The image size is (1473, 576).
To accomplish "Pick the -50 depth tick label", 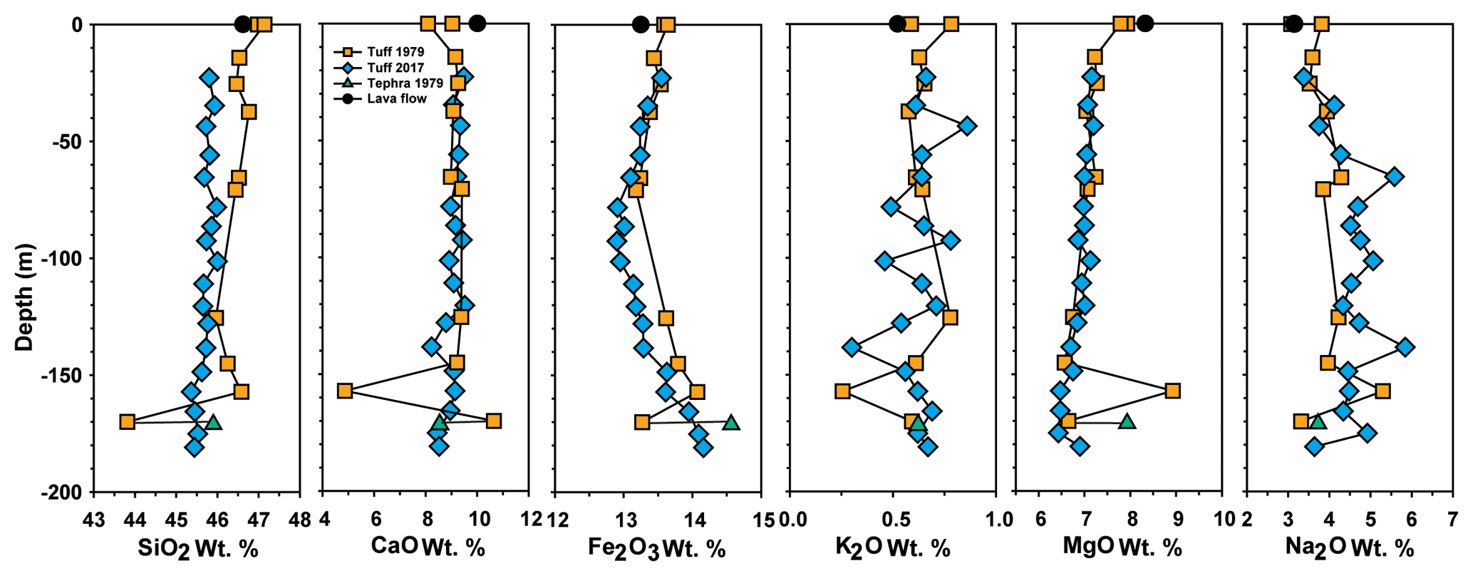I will click(x=70, y=141).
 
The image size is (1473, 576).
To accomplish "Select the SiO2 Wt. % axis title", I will click(x=197, y=548).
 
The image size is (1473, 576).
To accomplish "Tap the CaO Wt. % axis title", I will click(x=428, y=547).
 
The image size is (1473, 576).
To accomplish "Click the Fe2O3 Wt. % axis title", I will click(x=656, y=548).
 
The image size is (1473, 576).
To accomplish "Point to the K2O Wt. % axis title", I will click(x=892, y=548).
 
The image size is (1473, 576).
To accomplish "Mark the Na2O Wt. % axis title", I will click(x=1349, y=548).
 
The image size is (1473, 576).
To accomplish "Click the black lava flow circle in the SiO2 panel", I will click(x=243, y=25).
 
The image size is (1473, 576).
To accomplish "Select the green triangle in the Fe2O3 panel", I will click(x=731, y=423).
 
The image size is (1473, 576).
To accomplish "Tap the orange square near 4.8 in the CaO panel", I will click(x=345, y=391).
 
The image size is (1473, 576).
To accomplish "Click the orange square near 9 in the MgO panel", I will click(x=1172, y=391).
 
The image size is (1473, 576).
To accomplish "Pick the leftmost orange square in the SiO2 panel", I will click(x=127, y=422).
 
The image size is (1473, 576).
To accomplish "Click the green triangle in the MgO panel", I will click(x=1127, y=421).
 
